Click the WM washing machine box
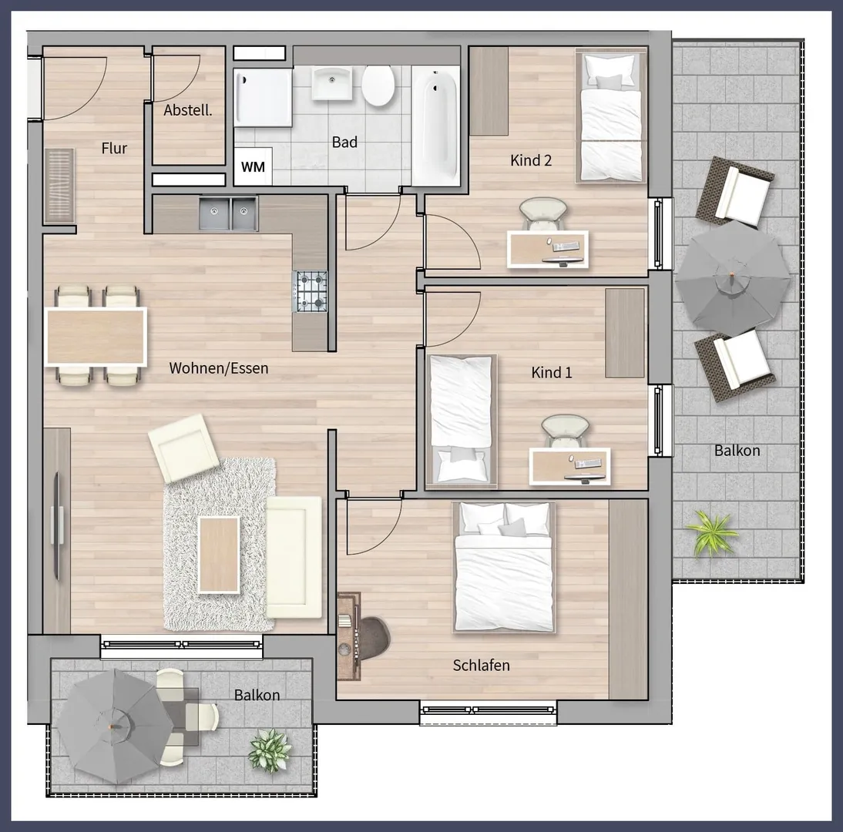(253, 166)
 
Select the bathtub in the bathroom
(436, 126)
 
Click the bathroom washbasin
(332, 82)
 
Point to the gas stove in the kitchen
(311, 291)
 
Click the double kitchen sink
(229, 213)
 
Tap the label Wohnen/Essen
(218, 368)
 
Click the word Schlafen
(481, 666)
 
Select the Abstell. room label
(187, 110)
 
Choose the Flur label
(114, 148)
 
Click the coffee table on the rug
(219, 555)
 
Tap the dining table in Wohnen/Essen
(96, 337)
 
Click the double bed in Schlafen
(503, 567)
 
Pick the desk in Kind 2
(548, 250)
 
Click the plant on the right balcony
(712, 531)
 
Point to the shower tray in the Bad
(263, 97)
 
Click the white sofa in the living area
(294, 557)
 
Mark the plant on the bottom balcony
(270, 750)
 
